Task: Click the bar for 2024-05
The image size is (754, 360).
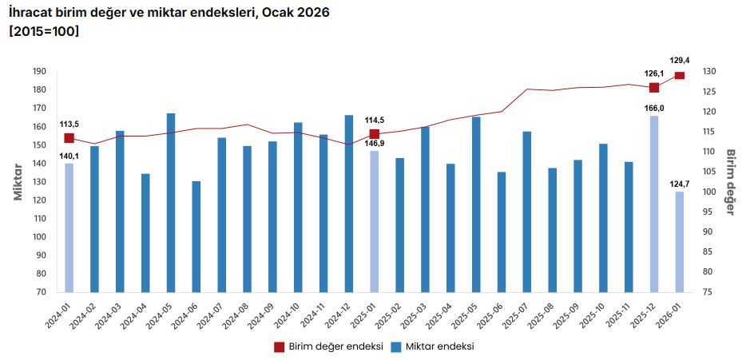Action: (x=171, y=203)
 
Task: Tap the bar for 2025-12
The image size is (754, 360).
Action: (x=654, y=204)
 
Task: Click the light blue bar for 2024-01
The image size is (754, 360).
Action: (x=69, y=227)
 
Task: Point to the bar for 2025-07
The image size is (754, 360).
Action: (x=527, y=212)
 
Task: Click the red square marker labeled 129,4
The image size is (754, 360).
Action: (x=680, y=76)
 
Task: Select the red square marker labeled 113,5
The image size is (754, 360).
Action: (x=69, y=138)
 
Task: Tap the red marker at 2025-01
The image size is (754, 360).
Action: (x=375, y=134)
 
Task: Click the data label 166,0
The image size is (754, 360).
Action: (x=654, y=107)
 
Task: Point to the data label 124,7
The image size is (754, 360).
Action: (x=680, y=184)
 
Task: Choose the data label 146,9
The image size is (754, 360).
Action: (x=375, y=143)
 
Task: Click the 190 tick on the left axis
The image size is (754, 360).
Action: (x=39, y=72)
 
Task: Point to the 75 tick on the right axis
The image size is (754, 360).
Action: (x=708, y=292)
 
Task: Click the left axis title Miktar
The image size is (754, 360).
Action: (x=18, y=182)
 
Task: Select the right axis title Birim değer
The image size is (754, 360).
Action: (x=730, y=182)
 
